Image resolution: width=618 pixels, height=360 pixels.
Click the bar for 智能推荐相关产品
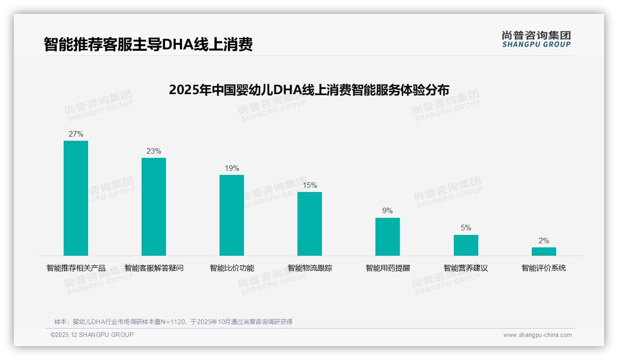(76, 198)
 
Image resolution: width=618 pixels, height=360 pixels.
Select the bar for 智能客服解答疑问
(154, 207)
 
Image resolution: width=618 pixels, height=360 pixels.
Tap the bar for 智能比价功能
(232, 215)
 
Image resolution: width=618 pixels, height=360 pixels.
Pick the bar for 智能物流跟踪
(309, 224)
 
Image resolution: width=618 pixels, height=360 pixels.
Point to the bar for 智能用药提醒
(387, 237)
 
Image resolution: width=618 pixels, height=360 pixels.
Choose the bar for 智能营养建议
(466, 245)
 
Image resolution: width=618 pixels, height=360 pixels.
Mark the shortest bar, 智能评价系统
(544, 252)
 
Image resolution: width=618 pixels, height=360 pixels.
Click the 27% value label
(76, 134)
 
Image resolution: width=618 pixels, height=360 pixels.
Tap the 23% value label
(154, 151)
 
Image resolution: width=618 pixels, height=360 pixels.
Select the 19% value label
(232, 168)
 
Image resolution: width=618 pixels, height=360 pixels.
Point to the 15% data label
(309, 186)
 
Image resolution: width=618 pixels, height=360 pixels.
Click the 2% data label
(544, 241)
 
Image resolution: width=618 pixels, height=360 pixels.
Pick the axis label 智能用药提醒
(387, 268)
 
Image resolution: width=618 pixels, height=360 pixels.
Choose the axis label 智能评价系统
(544, 268)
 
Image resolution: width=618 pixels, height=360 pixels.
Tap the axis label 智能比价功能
(232, 268)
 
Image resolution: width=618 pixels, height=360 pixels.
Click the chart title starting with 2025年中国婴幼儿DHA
(309, 90)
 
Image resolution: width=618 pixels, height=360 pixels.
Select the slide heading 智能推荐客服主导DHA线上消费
(148, 45)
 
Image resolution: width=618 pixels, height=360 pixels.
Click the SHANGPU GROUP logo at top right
(536, 39)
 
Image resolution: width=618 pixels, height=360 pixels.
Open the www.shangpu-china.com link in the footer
(537, 335)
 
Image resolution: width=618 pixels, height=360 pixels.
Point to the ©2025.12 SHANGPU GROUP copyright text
(92, 335)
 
